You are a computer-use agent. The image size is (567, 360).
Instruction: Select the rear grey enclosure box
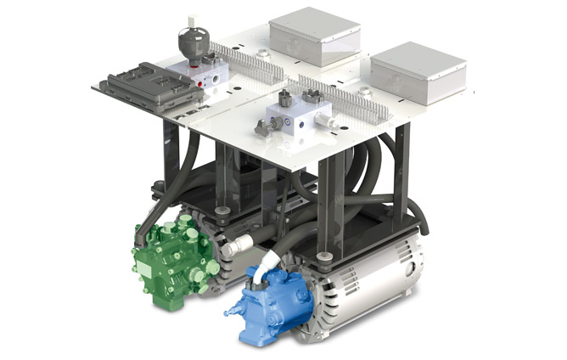tap(315, 37)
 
